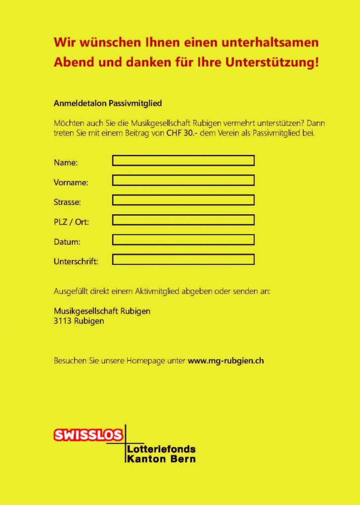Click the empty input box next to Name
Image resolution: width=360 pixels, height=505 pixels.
(x=183, y=161)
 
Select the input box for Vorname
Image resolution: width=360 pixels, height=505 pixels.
(x=183, y=180)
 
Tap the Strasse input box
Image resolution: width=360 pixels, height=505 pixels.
(x=183, y=200)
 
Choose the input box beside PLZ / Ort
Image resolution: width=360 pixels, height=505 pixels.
(x=183, y=220)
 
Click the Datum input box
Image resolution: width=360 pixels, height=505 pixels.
(x=183, y=239)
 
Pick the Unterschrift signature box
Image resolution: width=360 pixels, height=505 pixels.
(x=183, y=259)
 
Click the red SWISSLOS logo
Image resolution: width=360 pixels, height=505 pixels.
(x=88, y=435)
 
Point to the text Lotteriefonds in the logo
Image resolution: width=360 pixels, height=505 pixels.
(x=161, y=449)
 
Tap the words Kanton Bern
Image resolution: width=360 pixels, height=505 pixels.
(x=161, y=459)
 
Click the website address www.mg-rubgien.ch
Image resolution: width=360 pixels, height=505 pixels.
(x=226, y=361)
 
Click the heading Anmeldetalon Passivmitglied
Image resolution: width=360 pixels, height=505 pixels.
(x=108, y=104)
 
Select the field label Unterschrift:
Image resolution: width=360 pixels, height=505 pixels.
(x=76, y=261)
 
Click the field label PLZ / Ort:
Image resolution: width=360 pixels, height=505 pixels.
(x=71, y=222)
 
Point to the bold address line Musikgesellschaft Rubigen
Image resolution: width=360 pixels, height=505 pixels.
(x=102, y=311)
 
